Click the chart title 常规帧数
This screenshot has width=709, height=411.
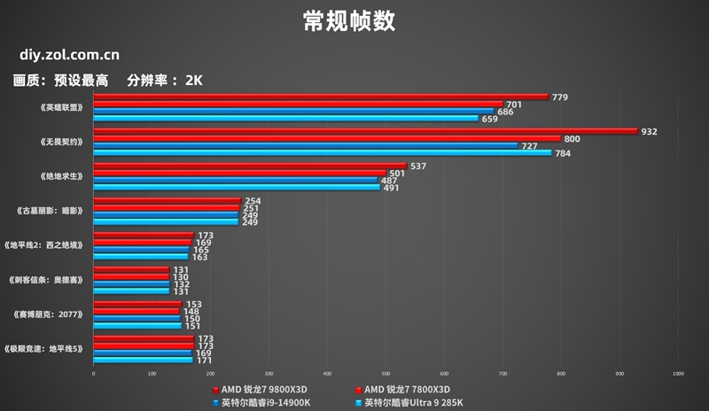(x=354, y=20)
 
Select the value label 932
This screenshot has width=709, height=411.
(x=649, y=131)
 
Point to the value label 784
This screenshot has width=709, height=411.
(x=563, y=153)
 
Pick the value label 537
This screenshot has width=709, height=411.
(x=419, y=166)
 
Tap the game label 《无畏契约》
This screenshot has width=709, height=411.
(x=61, y=142)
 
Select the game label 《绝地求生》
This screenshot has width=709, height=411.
(x=61, y=176)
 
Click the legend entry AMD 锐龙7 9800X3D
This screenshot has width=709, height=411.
(x=261, y=390)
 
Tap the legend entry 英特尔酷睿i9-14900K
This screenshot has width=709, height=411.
(x=261, y=403)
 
